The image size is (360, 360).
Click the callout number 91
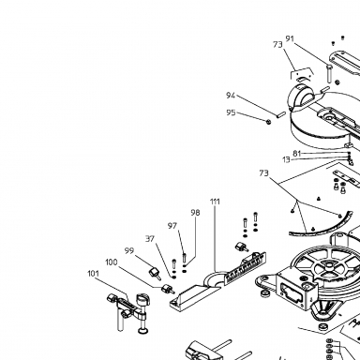click(x=290, y=38)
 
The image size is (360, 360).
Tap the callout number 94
click(x=231, y=96)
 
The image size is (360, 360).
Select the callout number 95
click(x=231, y=112)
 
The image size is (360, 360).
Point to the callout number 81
click(x=297, y=154)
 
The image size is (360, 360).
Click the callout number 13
click(x=286, y=160)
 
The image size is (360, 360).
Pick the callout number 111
click(x=215, y=202)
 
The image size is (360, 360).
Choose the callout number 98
click(x=195, y=213)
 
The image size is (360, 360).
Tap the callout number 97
click(x=172, y=226)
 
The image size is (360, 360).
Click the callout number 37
click(x=150, y=239)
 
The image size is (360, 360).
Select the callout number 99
click(x=129, y=251)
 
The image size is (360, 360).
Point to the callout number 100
click(x=112, y=262)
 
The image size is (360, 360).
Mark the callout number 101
click(x=93, y=274)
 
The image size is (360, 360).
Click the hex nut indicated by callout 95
click(x=268, y=121)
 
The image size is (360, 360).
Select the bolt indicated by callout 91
click(x=328, y=73)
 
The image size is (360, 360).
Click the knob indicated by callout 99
click(x=155, y=273)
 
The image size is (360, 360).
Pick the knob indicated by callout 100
click(x=167, y=289)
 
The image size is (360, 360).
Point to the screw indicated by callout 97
click(x=184, y=258)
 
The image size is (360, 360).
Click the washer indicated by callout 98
click(x=185, y=266)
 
